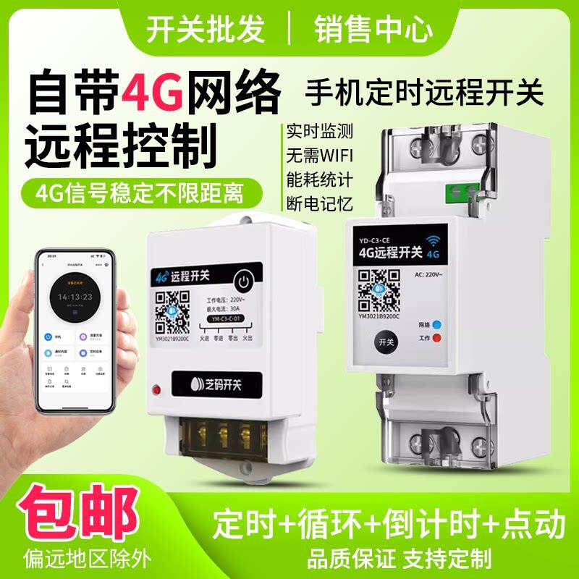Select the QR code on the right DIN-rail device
point(379,282)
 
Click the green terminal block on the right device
point(461,192)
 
